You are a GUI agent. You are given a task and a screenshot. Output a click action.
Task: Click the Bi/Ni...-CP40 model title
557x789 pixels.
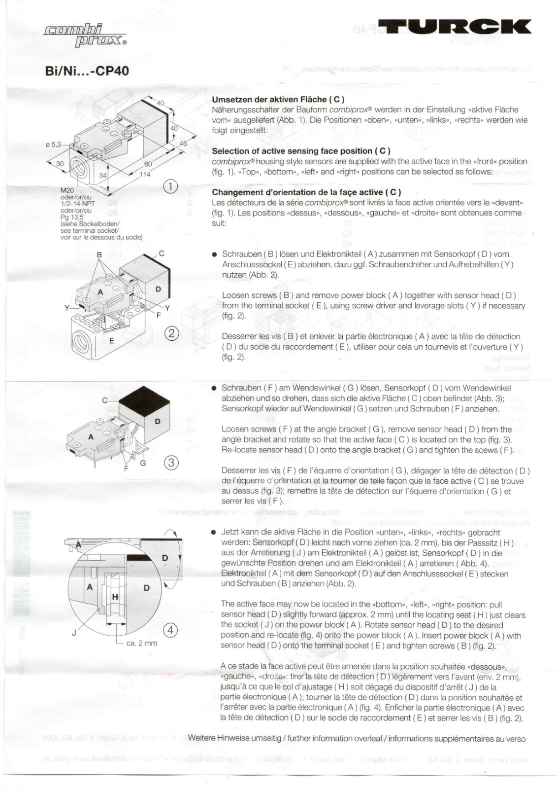[x=87, y=71]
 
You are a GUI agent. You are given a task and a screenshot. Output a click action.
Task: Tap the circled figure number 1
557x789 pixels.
[x=170, y=186]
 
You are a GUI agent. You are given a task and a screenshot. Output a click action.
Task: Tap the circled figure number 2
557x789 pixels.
[x=171, y=334]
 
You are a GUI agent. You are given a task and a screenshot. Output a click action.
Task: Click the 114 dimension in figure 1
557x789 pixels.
[x=144, y=174]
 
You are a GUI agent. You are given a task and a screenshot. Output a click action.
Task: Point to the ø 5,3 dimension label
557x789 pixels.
[x=53, y=144]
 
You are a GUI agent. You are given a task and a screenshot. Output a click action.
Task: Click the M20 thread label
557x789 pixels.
[x=67, y=190]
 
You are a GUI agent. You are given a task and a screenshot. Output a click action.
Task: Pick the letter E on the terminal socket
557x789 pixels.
[x=112, y=341]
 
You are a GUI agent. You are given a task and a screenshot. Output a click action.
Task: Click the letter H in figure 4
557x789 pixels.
[x=115, y=597]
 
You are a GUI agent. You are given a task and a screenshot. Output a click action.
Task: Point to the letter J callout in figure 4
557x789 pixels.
[x=74, y=633]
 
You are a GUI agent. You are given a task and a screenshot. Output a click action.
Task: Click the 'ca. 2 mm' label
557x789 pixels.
[x=141, y=643]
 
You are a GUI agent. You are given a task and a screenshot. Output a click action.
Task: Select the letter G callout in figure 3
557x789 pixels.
[x=143, y=463]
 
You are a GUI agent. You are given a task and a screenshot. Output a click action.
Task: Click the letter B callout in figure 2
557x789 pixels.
[x=99, y=254]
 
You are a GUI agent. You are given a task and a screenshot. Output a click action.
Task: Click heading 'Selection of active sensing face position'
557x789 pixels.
[x=301, y=151]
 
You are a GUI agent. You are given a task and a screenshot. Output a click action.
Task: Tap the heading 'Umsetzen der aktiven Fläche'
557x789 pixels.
[x=278, y=100]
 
